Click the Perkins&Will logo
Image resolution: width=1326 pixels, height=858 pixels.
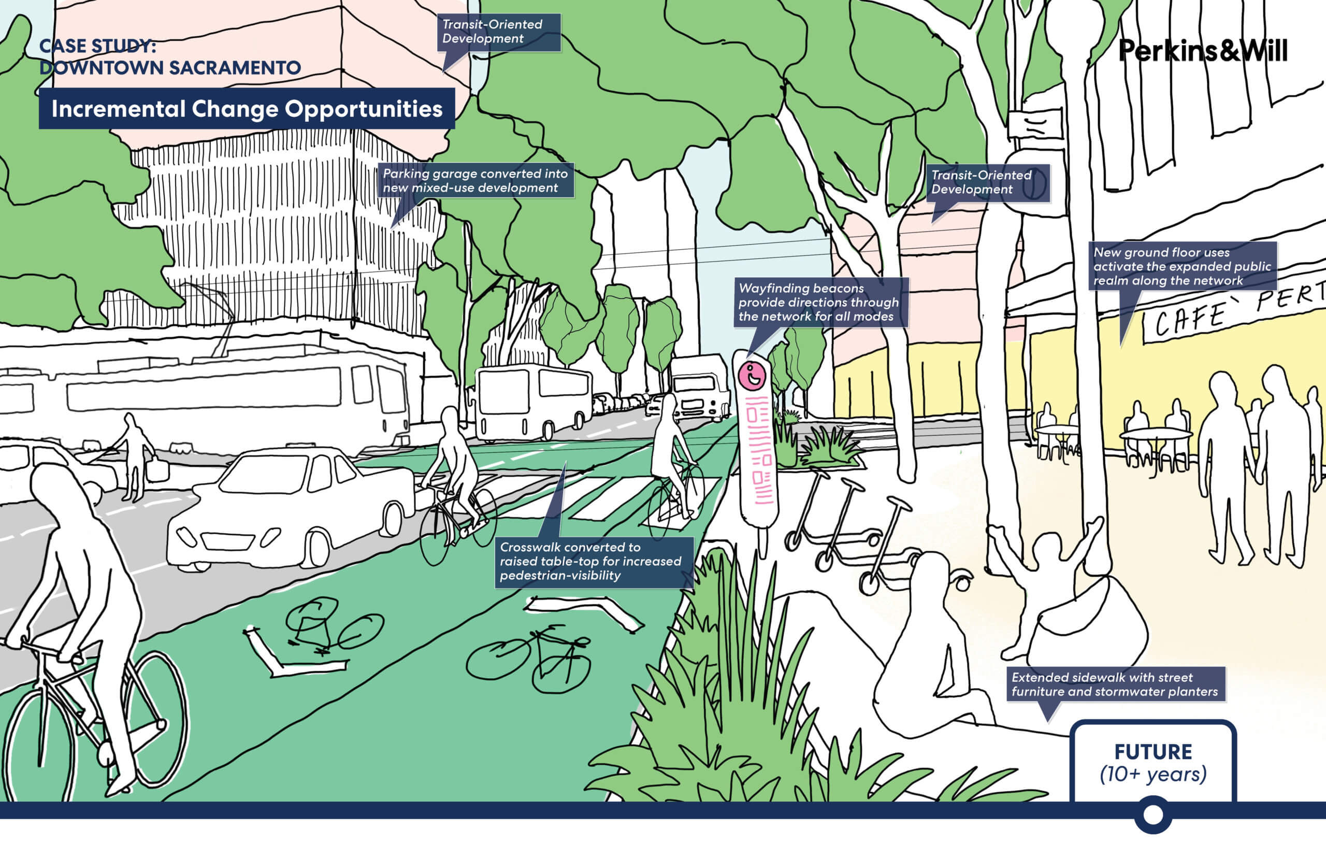point(1202,50)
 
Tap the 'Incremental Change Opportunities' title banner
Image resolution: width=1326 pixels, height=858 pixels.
point(247,109)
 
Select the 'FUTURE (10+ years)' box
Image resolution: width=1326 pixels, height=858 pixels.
point(1153,763)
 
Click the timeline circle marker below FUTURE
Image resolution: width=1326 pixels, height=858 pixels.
point(1153,814)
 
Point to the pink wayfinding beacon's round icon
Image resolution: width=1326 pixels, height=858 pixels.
point(752,376)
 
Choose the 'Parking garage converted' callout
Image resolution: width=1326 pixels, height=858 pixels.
point(475,180)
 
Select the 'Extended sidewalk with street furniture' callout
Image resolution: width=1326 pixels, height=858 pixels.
point(1115,684)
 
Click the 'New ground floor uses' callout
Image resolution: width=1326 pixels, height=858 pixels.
point(1183,266)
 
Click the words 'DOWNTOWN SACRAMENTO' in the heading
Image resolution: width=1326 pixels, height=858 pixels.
point(170,68)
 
